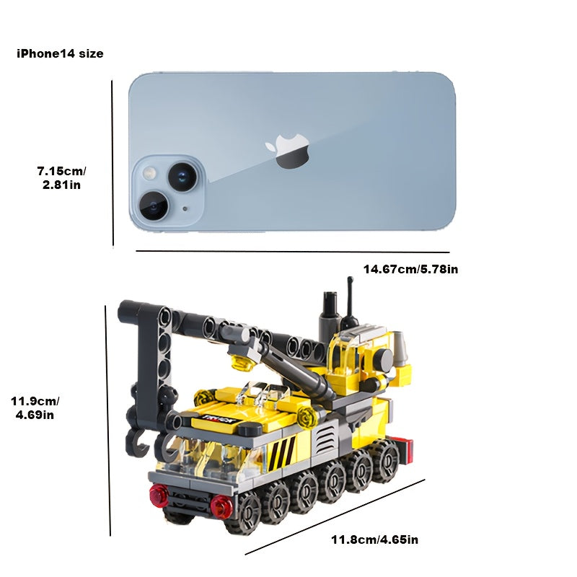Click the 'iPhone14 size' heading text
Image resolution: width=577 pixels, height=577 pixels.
(60, 53)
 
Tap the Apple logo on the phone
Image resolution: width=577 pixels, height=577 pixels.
(287, 151)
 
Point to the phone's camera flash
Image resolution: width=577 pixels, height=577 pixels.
(150, 172)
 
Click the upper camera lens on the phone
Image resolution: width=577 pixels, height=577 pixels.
(183, 176)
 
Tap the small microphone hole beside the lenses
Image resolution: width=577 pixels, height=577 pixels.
(185, 208)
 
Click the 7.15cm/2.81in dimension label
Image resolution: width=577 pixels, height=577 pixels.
(61, 177)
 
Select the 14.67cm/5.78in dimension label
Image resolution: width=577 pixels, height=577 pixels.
(410, 269)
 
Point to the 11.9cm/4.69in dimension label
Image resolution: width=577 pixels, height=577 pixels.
(35, 408)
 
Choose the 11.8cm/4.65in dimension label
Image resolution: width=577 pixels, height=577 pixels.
(374, 539)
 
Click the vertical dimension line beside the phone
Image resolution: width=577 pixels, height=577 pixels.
(113, 164)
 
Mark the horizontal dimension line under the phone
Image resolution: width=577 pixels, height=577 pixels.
(293, 252)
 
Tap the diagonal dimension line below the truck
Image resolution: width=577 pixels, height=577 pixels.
(335, 516)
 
